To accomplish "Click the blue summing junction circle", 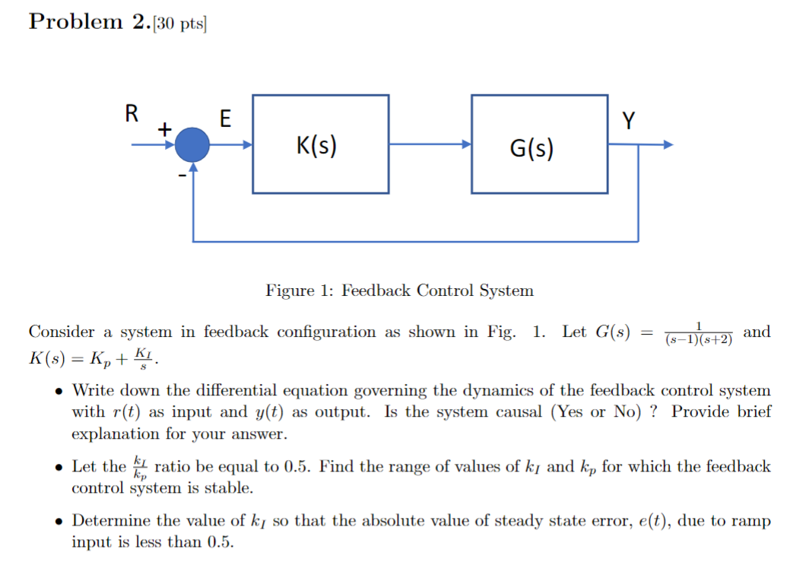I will (x=192, y=144).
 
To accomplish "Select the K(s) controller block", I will (x=320, y=144).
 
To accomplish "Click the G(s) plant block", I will (x=539, y=144).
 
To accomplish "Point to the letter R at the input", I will (x=132, y=114).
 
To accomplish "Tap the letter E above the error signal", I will (x=224, y=118).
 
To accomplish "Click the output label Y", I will (x=627, y=119).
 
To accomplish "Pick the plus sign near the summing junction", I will (x=162, y=130).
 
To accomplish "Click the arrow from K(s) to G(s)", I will (x=430, y=144).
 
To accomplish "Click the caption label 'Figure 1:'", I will (x=300, y=291).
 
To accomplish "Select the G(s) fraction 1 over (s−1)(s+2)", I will (x=698, y=334).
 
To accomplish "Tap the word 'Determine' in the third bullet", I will (x=109, y=521).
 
